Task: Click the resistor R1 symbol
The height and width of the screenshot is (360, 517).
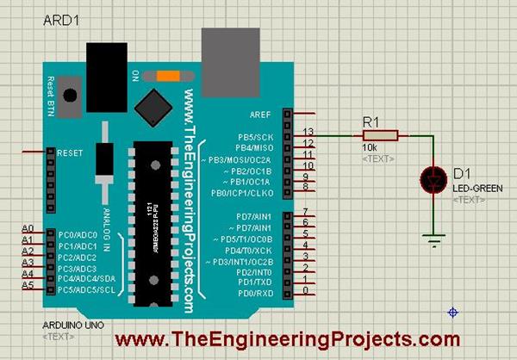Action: tap(380, 135)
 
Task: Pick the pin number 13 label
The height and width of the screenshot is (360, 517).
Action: tap(308, 132)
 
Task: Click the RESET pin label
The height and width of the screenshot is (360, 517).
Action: tap(70, 152)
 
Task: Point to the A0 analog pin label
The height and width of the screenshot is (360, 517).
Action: tap(28, 228)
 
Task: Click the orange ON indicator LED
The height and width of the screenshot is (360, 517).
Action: tap(168, 76)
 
